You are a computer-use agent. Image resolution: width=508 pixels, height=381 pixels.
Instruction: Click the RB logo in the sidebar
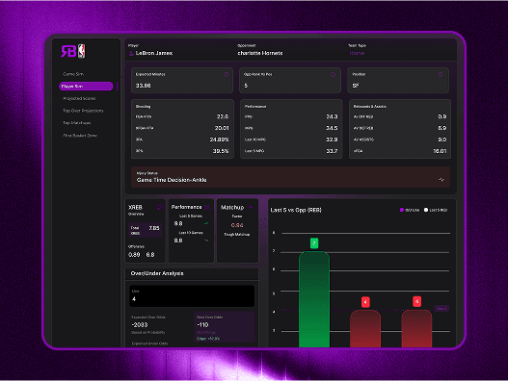point(72,52)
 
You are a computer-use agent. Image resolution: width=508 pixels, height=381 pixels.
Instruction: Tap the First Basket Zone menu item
point(80,135)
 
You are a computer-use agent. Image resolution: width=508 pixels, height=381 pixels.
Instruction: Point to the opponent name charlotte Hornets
point(264,54)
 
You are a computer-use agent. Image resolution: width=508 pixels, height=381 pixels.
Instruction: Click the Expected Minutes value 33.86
point(145,86)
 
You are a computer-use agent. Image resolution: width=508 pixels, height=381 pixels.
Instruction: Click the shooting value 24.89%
point(219,139)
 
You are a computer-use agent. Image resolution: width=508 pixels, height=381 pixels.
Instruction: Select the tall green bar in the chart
point(314,298)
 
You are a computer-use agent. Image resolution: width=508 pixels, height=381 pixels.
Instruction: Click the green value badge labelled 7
point(314,243)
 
